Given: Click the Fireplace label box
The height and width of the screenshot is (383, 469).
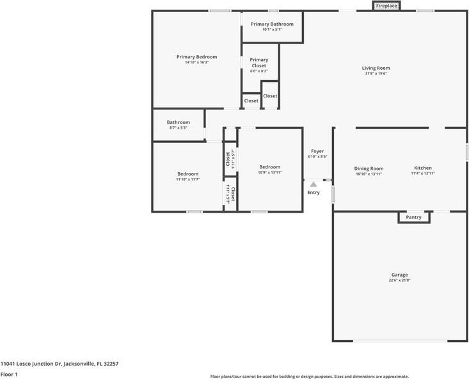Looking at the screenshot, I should [386, 6].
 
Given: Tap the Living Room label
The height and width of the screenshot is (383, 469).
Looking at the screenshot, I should [376, 68].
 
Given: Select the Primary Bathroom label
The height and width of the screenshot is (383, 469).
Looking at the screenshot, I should [272, 24].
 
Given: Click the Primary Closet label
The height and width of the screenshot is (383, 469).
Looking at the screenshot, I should [259, 63].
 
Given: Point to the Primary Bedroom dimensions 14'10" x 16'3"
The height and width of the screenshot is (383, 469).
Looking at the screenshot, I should [196, 63].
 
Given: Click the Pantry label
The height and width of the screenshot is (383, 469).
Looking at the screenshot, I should [414, 217].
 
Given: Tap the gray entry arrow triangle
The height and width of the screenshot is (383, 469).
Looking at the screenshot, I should [314, 184].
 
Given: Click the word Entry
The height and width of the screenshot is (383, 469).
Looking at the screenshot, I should [314, 193].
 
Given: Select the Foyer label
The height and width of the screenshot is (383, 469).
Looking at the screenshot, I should [317, 151].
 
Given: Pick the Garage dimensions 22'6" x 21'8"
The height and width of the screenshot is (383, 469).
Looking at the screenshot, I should [399, 281].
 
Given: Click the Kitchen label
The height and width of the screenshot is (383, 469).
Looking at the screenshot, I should [423, 168].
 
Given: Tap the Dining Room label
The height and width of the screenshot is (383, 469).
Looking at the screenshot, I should [369, 168].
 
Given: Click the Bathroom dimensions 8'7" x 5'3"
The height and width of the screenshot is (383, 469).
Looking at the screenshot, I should [179, 127].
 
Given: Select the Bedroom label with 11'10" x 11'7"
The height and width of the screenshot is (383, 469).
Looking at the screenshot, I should [188, 174].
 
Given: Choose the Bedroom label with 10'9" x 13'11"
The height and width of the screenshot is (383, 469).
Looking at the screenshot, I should [270, 167].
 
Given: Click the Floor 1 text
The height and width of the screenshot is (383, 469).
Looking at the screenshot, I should [9, 374].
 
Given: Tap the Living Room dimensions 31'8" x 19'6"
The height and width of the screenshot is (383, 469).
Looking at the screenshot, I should [376, 74].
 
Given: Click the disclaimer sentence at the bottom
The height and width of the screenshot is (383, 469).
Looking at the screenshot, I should [310, 377].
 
